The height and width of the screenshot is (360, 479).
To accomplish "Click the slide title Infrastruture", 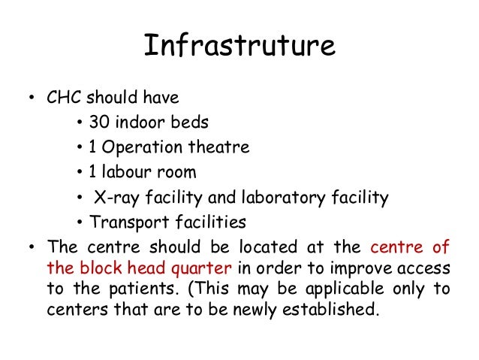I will click(239, 47).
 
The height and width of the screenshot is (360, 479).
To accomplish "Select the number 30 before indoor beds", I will click(98, 123).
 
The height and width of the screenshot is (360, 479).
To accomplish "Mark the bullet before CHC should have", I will click(31, 99).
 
